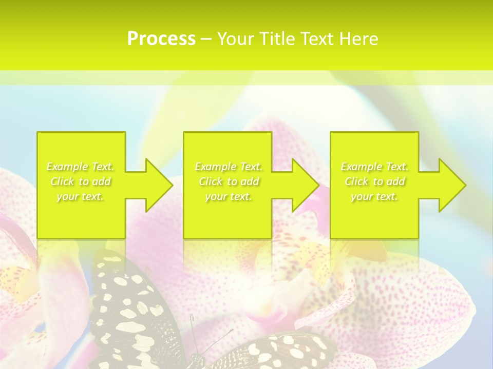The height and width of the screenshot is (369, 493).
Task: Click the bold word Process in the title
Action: [x=161, y=38]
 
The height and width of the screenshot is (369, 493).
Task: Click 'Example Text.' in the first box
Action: [x=81, y=167]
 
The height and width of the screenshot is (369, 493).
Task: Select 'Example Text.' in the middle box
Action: [x=229, y=167]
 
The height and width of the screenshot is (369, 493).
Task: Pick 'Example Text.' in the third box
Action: [x=374, y=167]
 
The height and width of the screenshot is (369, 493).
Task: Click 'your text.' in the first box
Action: [x=81, y=196]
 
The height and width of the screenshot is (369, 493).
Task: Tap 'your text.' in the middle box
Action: [x=229, y=196]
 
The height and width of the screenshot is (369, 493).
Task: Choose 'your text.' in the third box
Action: [x=374, y=196]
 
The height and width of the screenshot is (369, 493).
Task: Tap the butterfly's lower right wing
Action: [x=277, y=351]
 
